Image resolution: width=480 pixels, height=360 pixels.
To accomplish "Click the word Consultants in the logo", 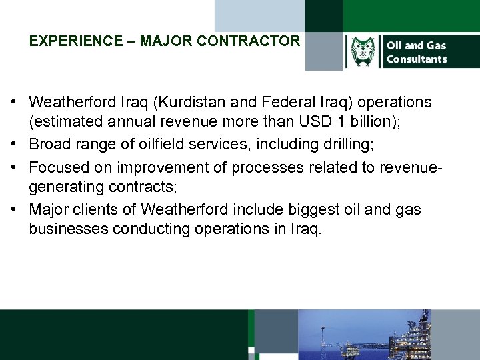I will point(417,59).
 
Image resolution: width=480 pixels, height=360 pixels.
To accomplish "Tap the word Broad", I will point(49,145).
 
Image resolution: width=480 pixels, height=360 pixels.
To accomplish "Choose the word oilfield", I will point(165,145).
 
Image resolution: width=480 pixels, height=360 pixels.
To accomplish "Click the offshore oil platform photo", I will point(388,335).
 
